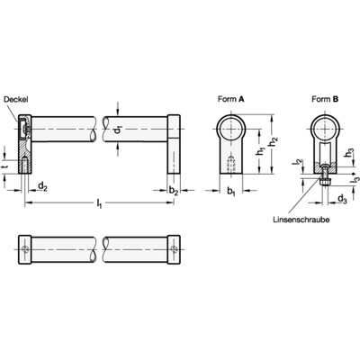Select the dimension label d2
pos(42,185)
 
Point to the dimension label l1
pos(99,207)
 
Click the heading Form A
pos(232,100)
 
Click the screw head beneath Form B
pos(319,181)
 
